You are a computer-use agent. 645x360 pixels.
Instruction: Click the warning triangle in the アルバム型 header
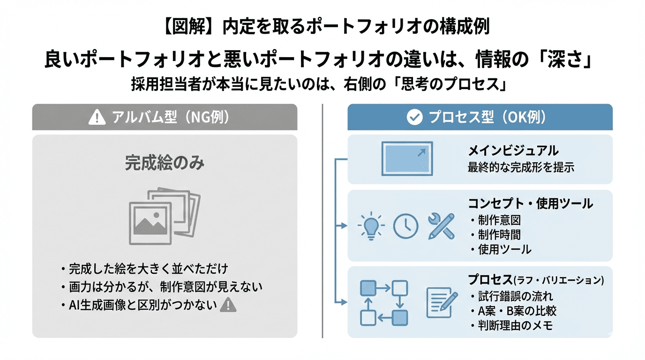click(97, 117)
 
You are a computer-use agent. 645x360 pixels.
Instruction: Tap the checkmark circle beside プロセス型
click(414, 117)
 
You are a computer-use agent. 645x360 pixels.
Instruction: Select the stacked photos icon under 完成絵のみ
click(164, 217)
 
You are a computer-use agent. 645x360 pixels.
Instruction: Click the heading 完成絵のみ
click(165, 164)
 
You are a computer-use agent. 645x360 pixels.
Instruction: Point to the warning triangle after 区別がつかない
click(228, 305)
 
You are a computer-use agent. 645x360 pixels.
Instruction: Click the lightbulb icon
click(370, 226)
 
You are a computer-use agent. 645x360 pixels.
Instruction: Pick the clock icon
click(405, 226)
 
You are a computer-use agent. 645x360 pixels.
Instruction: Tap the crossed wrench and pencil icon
click(442, 226)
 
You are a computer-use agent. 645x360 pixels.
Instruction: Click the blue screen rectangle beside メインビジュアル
click(407, 159)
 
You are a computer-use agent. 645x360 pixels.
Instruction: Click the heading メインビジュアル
click(513, 151)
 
